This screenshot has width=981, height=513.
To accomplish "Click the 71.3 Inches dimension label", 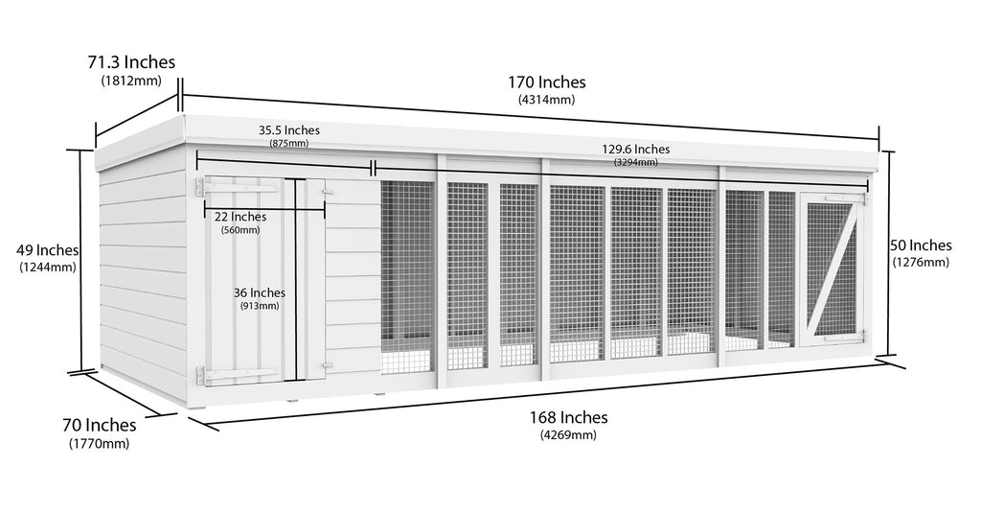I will [131, 62].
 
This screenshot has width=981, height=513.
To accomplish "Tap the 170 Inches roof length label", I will [547, 82].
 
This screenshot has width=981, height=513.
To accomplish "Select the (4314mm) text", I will [546, 100].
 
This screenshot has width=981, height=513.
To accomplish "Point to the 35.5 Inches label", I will [288, 130].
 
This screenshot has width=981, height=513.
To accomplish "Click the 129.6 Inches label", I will [635, 149].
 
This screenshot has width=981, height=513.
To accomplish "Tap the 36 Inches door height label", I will [259, 292].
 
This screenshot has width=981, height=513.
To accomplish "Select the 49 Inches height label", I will [48, 250].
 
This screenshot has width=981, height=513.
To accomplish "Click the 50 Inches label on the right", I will [921, 245].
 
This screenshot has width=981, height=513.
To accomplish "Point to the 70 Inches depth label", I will [101, 425].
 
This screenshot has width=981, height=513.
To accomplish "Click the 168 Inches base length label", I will [568, 417].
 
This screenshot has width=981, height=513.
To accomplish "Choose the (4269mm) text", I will [567, 434].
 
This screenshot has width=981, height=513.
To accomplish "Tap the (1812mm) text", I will [131, 81].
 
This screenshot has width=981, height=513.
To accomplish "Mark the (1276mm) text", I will [921, 262].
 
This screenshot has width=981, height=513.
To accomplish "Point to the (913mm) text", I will [259, 307].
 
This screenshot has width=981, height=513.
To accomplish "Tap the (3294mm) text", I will [635, 163].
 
